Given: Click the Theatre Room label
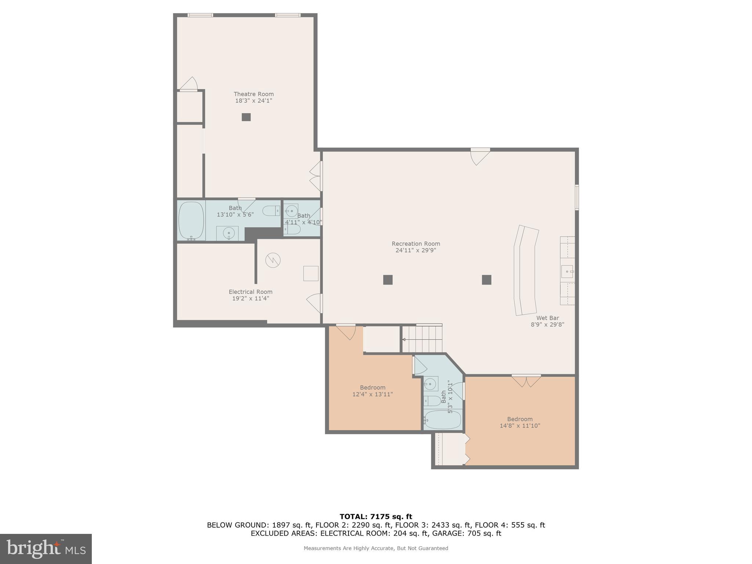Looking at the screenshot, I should [253, 94].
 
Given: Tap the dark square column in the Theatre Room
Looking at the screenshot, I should [246, 117].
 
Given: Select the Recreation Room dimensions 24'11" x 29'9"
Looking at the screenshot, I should [416, 250].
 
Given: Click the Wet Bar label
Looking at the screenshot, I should [547, 318].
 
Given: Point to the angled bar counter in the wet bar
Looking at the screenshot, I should [525, 270].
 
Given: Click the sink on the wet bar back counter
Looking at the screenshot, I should [567, 272].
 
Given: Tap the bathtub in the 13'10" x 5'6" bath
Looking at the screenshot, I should [191, 220].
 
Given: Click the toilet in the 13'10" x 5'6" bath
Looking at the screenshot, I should [271, 211].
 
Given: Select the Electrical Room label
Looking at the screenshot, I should [250, 292].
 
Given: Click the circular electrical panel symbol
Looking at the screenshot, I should [273, 260].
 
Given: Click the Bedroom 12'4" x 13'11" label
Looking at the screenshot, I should [372, 387].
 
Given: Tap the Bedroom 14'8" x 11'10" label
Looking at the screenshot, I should [520, 419].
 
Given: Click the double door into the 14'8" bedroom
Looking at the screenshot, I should [526, 380].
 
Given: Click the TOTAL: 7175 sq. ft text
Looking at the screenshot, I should [376, 517].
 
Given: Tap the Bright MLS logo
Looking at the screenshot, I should [46, 549].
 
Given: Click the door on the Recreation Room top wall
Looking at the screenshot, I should [480, 156].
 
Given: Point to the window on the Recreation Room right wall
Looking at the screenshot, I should [576, 198].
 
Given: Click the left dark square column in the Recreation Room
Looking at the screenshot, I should [388, 280].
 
